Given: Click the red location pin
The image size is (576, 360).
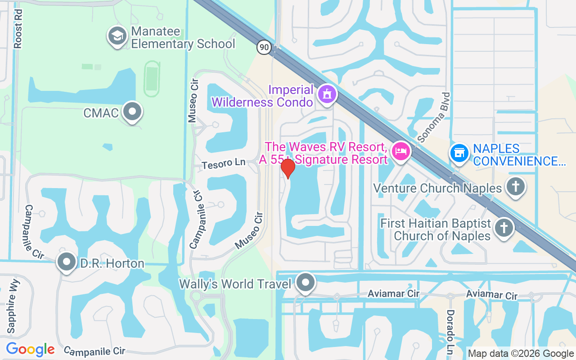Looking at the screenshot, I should (x=288, y=168).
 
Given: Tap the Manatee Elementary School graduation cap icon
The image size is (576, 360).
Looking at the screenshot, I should (x=117, y=37).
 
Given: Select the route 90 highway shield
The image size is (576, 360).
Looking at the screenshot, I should (x=265, y=47).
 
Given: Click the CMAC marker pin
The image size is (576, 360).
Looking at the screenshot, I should (x=133, y=111).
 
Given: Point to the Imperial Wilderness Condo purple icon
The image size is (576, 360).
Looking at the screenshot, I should (x=327, y=94).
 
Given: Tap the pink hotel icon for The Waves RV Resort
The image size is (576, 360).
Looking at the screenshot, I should (x=400, y=151).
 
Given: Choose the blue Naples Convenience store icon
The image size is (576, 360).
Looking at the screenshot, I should (x=459, y=153).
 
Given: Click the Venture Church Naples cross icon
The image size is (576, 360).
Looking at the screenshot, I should (x=516, y=186).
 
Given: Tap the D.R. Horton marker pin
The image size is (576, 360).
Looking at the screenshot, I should (x=67, y=261).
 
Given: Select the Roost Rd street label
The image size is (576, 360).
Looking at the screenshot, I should (x=18, y=30).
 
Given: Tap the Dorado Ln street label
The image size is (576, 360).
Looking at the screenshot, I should (x=450, y=331).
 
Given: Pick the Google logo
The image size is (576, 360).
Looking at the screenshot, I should (x=30, y=349).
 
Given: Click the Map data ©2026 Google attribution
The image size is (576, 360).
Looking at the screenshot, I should (x=521, y=354).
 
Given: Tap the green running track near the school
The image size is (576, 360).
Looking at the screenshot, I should (x=152, y=79).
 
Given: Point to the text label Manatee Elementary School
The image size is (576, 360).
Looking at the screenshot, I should (x=183, y=38).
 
